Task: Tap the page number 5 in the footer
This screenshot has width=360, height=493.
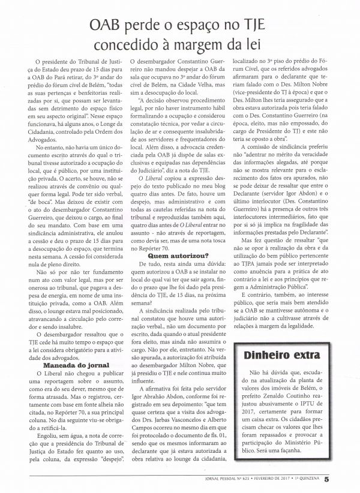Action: (343, 479)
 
